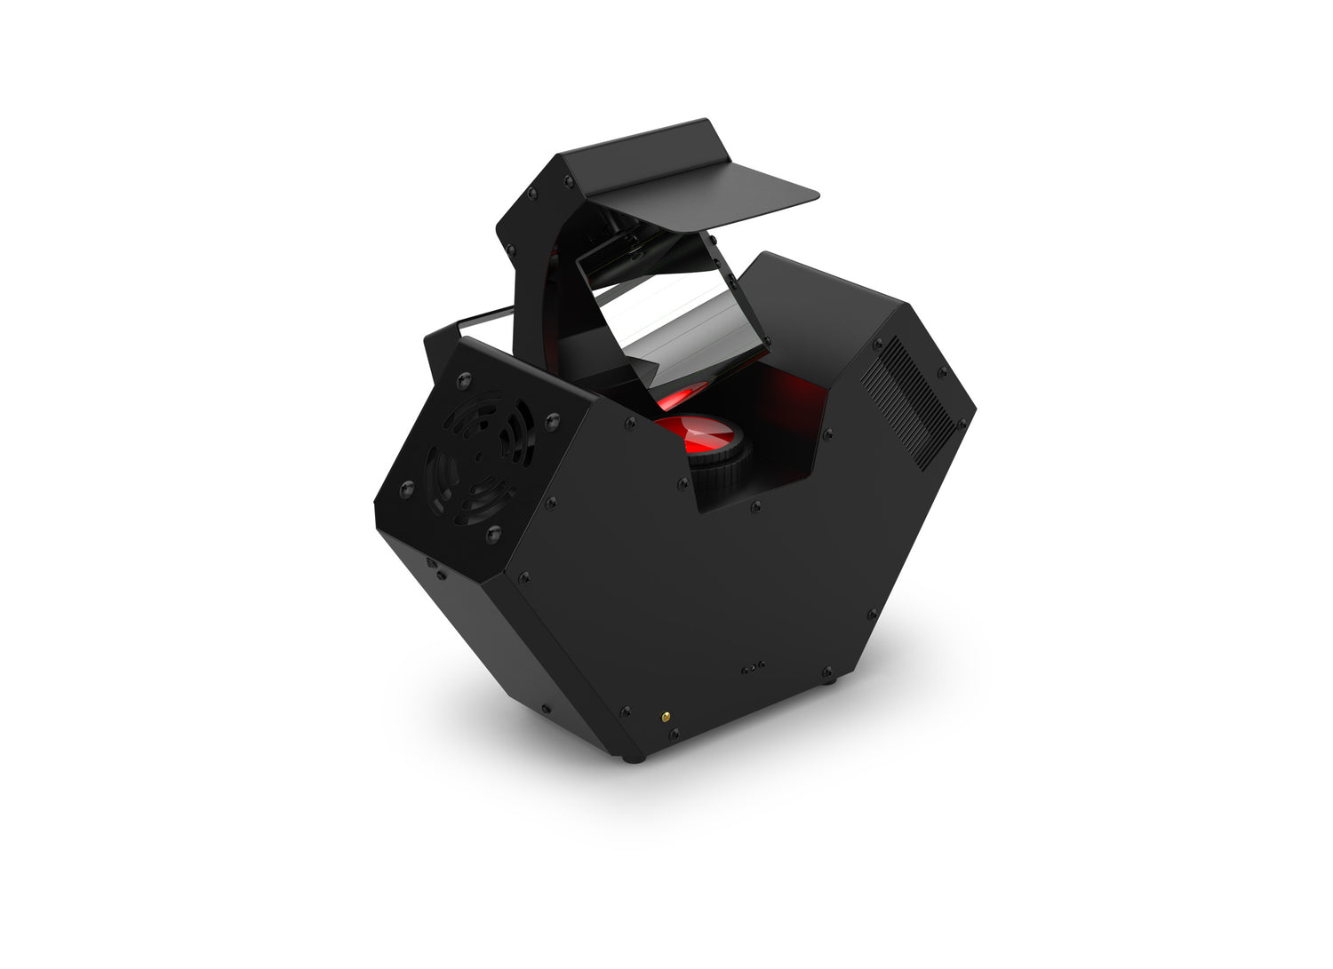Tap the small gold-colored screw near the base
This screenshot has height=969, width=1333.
coord(661,715)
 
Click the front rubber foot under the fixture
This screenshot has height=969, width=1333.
coord(632,758)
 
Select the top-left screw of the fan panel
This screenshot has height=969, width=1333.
coord(461,380)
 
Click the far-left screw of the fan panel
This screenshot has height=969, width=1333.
coord(407,487)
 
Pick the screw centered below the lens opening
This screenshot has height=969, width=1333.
coord(754,507)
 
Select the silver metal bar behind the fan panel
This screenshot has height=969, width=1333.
coord(484,321)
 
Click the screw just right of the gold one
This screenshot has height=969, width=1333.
coord(675,734)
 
